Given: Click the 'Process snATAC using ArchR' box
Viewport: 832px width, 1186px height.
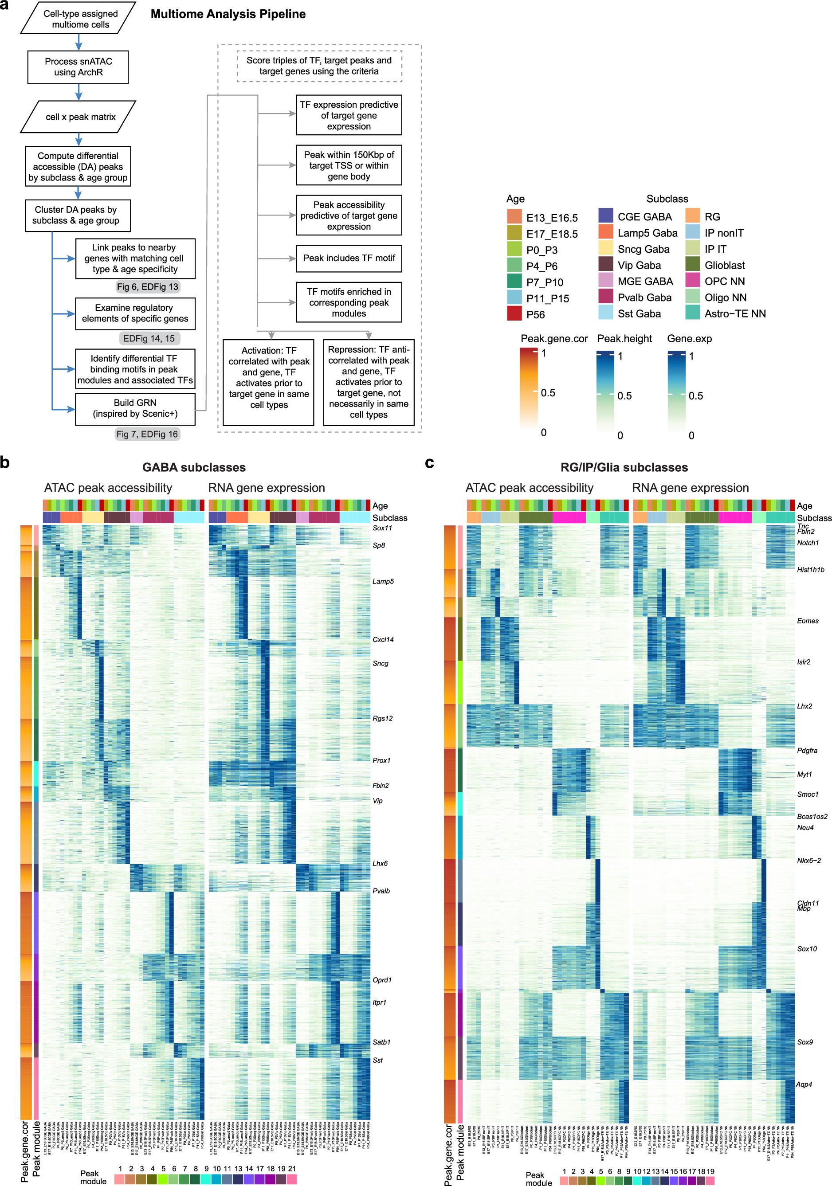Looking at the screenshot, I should pyautogui.click(x=78, y=67).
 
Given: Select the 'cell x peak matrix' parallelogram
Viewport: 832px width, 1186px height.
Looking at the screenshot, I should pyautogui.click(x=78, y=117).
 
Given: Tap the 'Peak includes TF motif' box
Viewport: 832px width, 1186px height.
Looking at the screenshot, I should pyautogui.click(x=349, y=258).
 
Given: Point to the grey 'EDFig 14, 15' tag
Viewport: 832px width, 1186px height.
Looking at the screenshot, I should pyautogui.click(x=149, y=338).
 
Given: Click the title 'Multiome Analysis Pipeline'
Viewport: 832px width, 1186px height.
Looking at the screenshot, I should pyautogui.click(x=228, y=14).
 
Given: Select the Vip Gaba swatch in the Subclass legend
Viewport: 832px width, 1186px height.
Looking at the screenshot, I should pyautogui.click(x=606, y=265).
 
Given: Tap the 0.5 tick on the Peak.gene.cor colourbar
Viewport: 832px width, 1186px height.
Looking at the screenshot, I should pyautogui.click(x=547, y=392).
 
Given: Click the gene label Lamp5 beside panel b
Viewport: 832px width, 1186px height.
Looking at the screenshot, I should pyautogui.click(x=383, y=581).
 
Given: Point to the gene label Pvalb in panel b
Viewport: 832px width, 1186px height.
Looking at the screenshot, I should pyautogui.click(x=381, y=891).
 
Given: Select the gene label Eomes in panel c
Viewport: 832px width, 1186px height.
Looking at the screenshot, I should pyautogui.click(x=807, y=621).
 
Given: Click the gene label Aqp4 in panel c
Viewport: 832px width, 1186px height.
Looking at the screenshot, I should pyautogui.click(x=804, y=1084).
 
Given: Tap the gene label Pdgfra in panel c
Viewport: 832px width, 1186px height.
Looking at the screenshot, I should pyautogui.click(x=807, y=750).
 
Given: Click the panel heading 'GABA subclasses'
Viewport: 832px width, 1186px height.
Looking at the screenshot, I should pyautogui.click(x=194, y=467).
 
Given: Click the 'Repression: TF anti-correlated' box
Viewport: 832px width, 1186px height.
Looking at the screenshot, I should pyautogui.click(x=369, y=382).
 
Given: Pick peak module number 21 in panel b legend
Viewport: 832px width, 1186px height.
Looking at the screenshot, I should pyautogui.click(x=292, y=1179).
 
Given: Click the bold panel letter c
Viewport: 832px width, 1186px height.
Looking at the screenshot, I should pyautogui.click(x=429, y=462).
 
